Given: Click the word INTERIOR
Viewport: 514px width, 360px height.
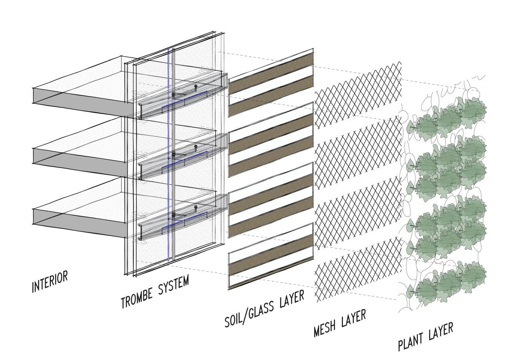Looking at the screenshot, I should (x=50, y=282).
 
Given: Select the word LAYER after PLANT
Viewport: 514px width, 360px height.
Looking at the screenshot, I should (x=441, y=331).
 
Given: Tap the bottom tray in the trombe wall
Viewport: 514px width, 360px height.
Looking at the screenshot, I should (x=182, y=219).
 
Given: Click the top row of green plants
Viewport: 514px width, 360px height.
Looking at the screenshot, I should (x=446, y=116).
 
